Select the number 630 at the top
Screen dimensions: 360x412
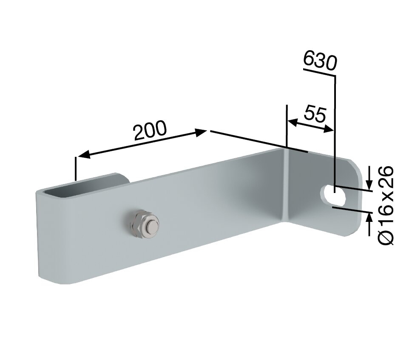coord(320,62)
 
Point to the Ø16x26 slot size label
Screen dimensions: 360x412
coord(386,206)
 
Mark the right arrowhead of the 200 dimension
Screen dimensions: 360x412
coord(202,132)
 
